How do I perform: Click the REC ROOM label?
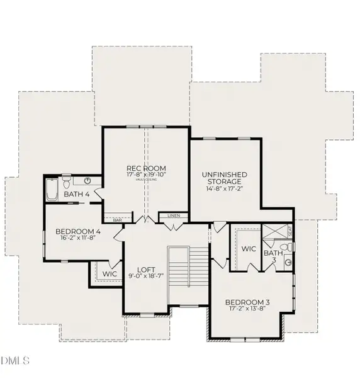tap(146, 168)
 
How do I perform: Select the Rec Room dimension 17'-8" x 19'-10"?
tap(146, 175)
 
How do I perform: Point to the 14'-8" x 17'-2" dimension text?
tap(224, 188)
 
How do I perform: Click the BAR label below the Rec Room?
tap(117, 220)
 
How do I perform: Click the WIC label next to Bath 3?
tap(249, 249)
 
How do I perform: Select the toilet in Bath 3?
tap(288, 262)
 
